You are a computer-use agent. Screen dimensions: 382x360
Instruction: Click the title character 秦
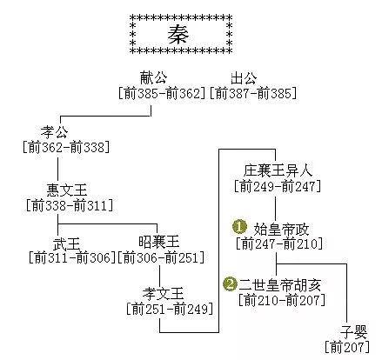coord(178,34)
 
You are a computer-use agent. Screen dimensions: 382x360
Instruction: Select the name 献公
coord(154,77)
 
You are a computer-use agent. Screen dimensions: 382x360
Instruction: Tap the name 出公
coord(244,78)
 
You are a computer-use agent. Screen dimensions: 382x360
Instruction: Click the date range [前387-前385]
coord(253,94)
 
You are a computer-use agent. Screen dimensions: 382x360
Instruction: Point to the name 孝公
coord(55,132)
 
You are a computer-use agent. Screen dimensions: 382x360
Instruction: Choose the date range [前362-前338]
coord(66,147)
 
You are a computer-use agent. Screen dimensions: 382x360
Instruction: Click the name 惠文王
coord(67,190)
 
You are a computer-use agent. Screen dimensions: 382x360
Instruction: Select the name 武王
coord(67,243)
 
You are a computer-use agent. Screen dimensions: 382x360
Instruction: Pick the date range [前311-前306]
coord(72,257)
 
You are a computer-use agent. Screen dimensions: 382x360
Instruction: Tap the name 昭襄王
coord(159,241)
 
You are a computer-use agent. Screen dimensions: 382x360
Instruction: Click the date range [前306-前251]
coord(161,257)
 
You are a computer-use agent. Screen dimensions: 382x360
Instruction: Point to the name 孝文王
coord(164,293)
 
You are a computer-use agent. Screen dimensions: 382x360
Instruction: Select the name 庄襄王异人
coord(278,170)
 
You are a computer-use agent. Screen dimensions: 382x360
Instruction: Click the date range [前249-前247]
coord(278,186)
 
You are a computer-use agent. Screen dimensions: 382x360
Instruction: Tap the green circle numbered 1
coord(239,227)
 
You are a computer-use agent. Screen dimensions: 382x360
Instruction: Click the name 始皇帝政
coord(281,230)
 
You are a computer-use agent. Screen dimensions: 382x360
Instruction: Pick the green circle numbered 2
coord(231,284)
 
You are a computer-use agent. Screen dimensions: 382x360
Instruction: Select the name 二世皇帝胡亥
coord(280,285)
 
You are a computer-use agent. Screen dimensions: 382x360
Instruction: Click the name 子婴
coord(353,332)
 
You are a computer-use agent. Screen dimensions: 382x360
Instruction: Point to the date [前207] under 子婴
coord(347,347)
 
